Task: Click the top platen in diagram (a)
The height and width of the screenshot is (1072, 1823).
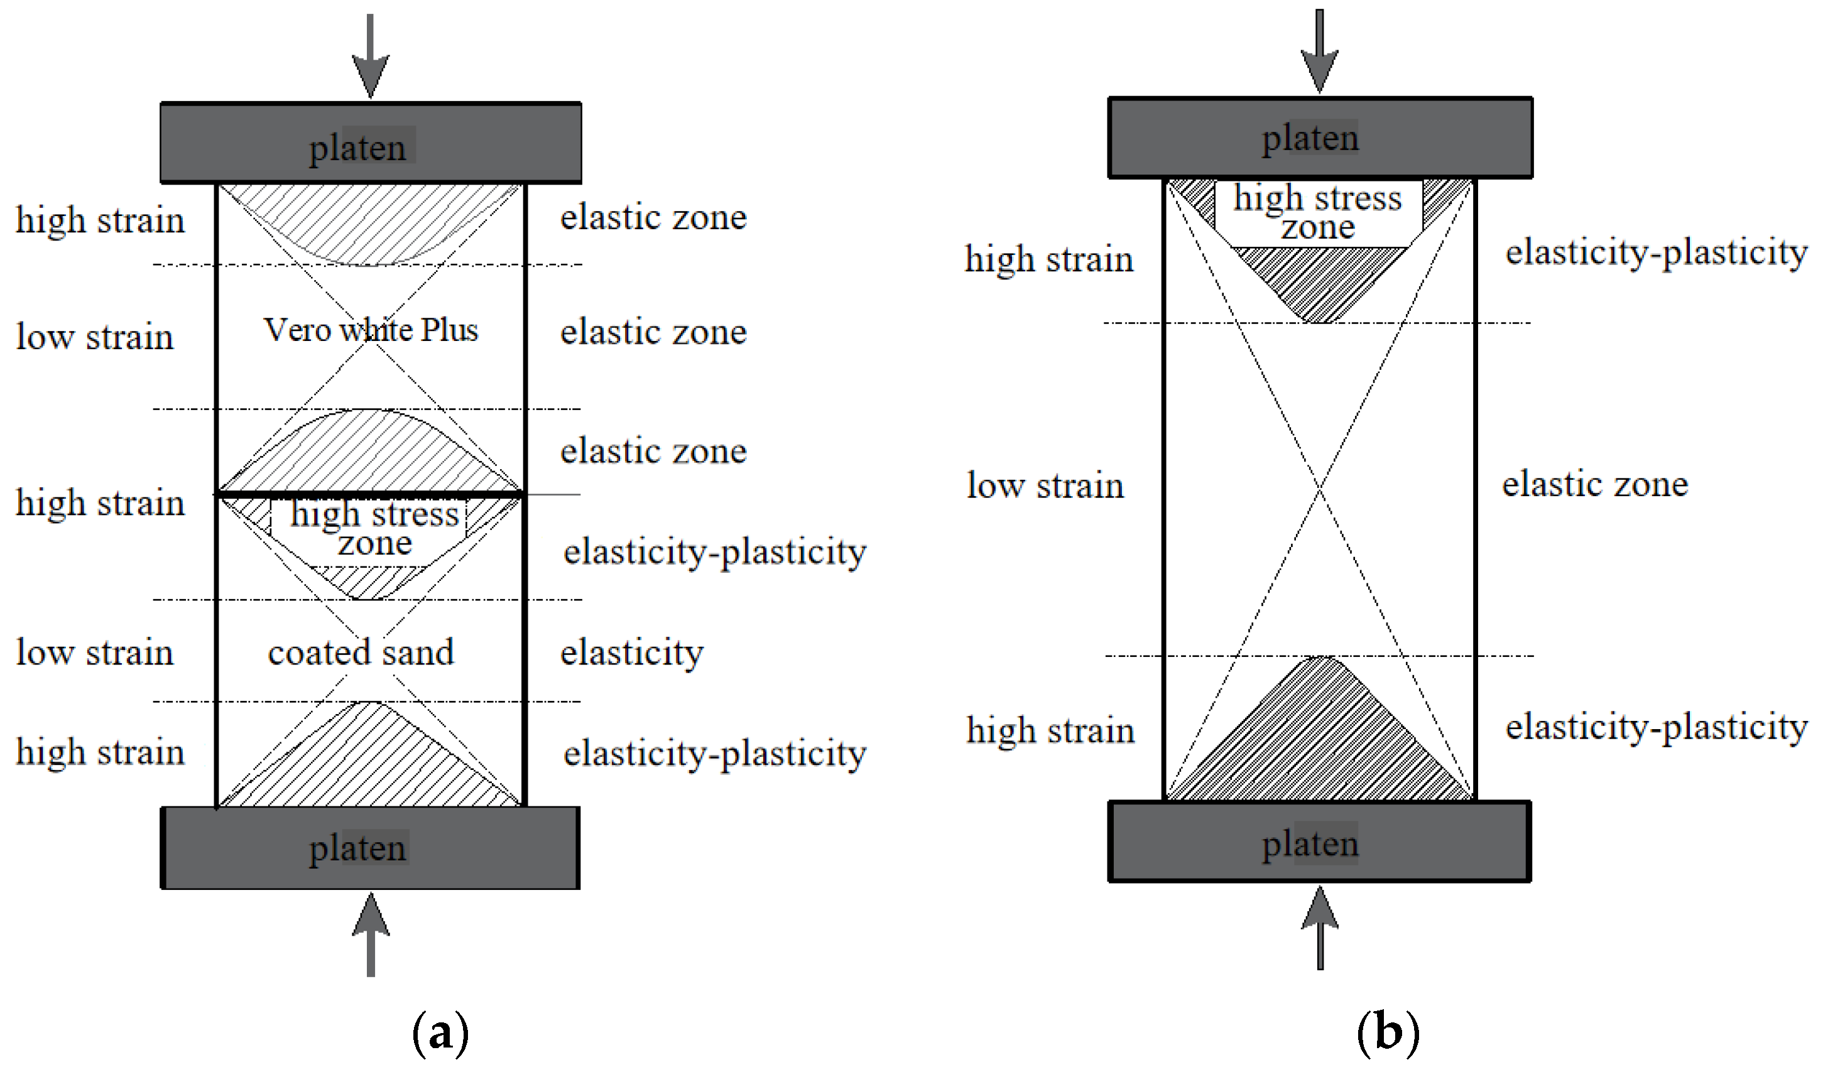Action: (371, 143)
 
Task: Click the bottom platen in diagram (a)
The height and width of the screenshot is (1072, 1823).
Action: (371, 848)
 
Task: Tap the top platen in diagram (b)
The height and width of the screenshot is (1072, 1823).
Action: (1320, 138)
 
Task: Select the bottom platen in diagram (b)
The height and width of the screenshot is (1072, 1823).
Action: (1320, 843)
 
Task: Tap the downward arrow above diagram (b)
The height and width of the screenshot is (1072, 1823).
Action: (1320, 51)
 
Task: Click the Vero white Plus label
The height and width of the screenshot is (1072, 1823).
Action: (371, 330)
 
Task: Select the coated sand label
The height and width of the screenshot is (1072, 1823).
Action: (360, 652)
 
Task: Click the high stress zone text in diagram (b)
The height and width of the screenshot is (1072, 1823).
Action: (1318, 212)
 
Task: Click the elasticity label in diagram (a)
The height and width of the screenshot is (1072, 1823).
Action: (631, 653)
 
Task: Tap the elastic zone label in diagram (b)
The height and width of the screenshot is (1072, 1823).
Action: (1594, 484)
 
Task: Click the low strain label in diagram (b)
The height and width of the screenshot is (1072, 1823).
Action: (1045, 485)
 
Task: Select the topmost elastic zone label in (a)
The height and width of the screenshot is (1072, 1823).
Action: (653, 217)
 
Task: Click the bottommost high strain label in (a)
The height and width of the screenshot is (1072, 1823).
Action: (100, 752)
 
